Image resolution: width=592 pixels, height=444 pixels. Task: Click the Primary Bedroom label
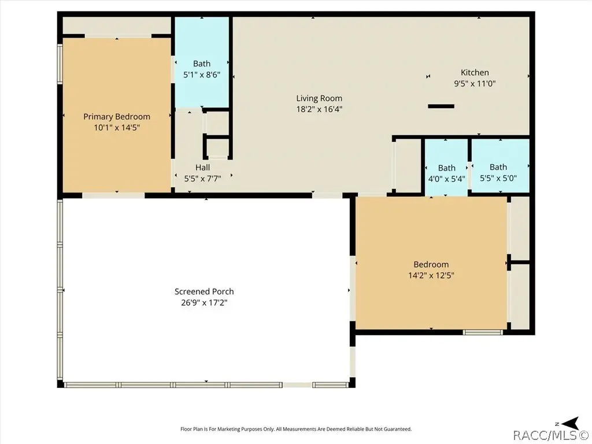click(117, 117)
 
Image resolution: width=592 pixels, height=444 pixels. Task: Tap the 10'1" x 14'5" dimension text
click(117, 128)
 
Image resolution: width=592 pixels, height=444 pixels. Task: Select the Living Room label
click(319, 98)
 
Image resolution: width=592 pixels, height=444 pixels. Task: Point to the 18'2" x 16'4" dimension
click(319, 109)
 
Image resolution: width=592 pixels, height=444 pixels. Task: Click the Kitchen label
click(475, 72)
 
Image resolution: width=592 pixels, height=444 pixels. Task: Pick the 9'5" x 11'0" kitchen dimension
click(475, 83)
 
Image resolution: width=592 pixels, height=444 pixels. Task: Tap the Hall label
click(203, 167)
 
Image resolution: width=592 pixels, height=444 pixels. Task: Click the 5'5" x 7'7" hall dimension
click(203, 178)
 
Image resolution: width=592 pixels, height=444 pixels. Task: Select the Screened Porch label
click(204, 291)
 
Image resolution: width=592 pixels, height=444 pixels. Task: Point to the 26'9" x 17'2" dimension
click(204, 302)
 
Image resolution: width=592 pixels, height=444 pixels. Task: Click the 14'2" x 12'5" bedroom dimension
click(431, 275)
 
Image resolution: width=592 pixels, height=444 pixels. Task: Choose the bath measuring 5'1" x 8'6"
click(202, 62)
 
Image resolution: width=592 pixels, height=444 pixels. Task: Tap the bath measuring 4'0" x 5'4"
click(447, 167)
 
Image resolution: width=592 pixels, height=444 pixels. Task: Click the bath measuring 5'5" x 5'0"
click(498, 166)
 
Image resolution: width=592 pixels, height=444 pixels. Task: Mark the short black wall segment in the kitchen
click(441, 106)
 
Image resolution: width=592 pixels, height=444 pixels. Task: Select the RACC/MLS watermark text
click(552, 435)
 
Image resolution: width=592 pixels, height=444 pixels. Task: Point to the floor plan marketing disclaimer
click(296, 429)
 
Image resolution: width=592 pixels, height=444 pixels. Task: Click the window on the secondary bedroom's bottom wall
click(483, 332)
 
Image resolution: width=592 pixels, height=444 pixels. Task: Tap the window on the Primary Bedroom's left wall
click(60, 63)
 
